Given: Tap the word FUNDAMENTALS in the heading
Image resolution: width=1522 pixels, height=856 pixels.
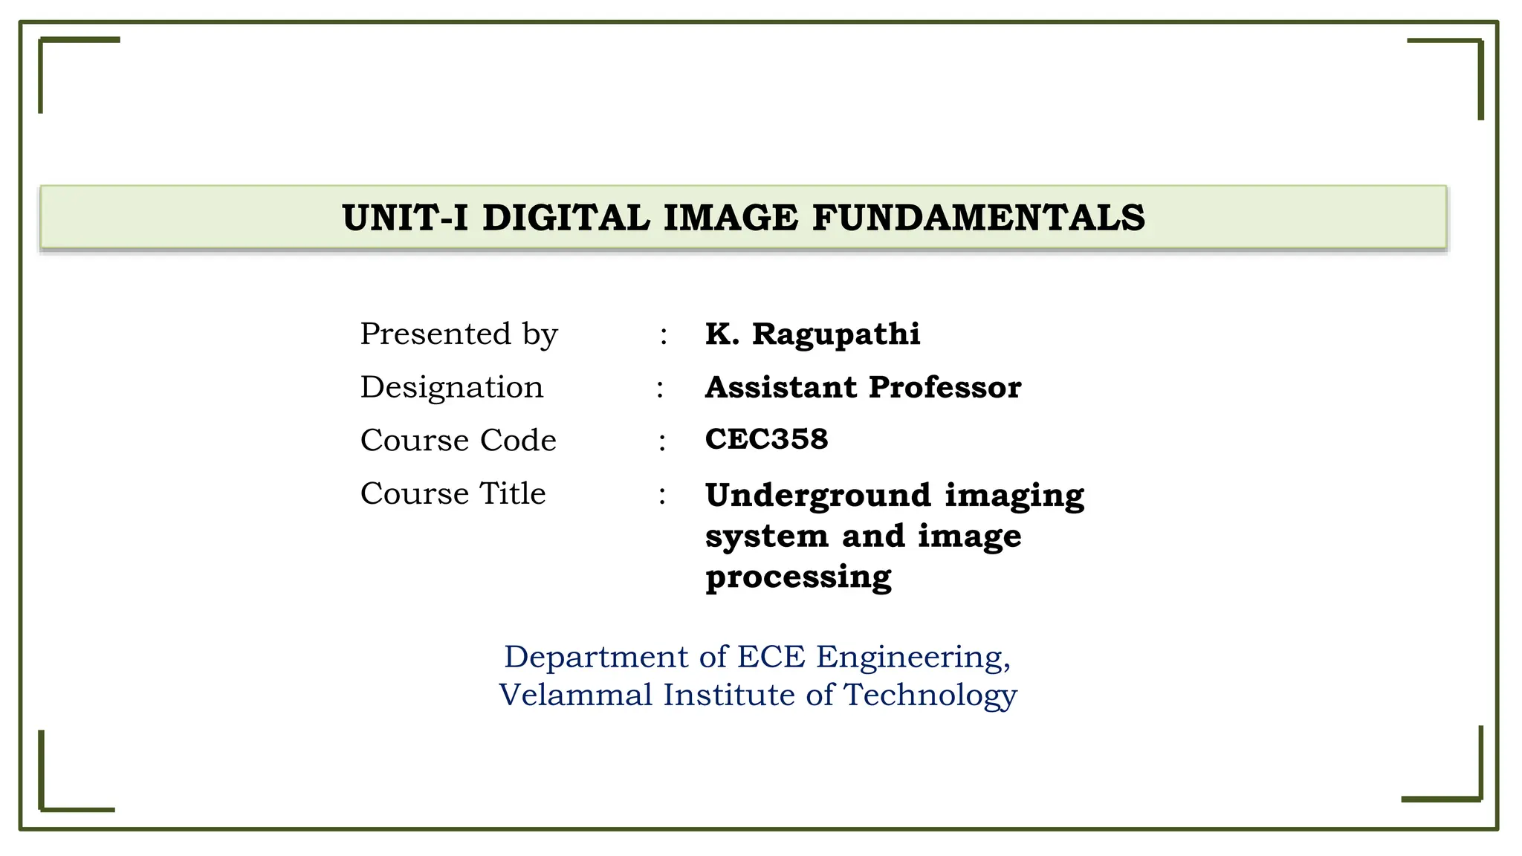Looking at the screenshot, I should click(x=979, y=218).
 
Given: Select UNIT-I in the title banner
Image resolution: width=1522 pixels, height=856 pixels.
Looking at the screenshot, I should click(x=405, y=218).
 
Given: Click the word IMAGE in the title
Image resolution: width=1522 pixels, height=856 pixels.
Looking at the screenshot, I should click(x=731, y=218).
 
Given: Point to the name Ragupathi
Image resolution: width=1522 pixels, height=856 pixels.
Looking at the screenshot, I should click(x=836, y=334).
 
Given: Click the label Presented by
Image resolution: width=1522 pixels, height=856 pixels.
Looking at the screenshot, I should click(x=459, y=334).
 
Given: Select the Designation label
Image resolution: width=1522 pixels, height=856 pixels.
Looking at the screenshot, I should click(x=452, y=387).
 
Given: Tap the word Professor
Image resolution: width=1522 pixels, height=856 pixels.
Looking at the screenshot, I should click(x=945, y=387).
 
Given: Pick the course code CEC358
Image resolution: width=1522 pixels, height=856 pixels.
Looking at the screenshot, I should click(x=766, y=439).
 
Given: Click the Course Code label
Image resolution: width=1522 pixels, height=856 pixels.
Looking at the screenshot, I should click(x=458, y=440).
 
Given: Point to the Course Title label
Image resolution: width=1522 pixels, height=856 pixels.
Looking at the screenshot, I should click(x=453, y=493).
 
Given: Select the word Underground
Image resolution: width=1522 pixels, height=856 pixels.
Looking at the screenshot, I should click(x=818, y=496).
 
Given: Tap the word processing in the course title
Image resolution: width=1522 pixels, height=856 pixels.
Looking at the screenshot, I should click(x=798, y=577).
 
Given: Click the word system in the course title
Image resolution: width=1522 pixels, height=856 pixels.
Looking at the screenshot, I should click(x=766, y=536).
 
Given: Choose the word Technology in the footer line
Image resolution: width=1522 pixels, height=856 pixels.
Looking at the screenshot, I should click(x=930, y=695).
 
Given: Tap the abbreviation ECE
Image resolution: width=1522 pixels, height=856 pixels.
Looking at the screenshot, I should click(x=771, y=657).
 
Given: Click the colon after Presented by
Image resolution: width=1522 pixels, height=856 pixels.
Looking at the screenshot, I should click(x=664, y=337).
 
